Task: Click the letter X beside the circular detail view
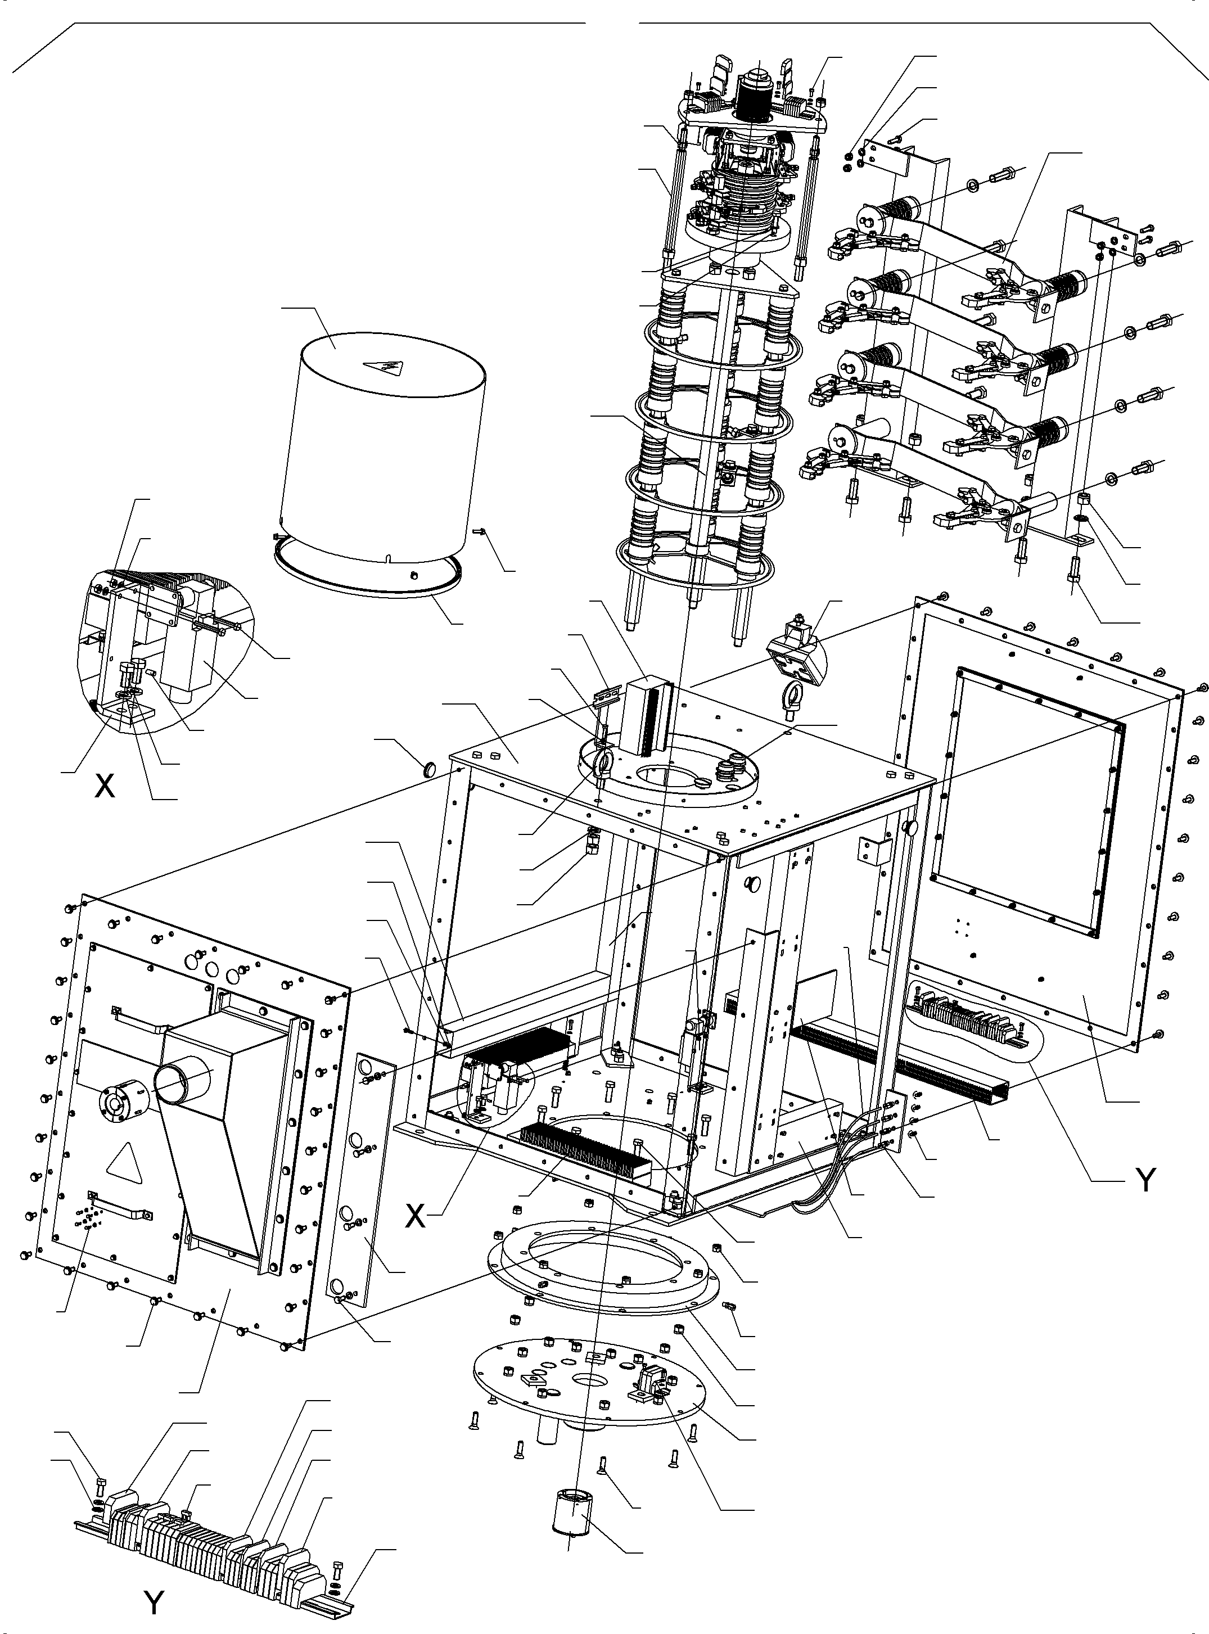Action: point(105,785)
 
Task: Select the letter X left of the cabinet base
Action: point(415,1216)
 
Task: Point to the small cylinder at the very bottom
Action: point(574,1509)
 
